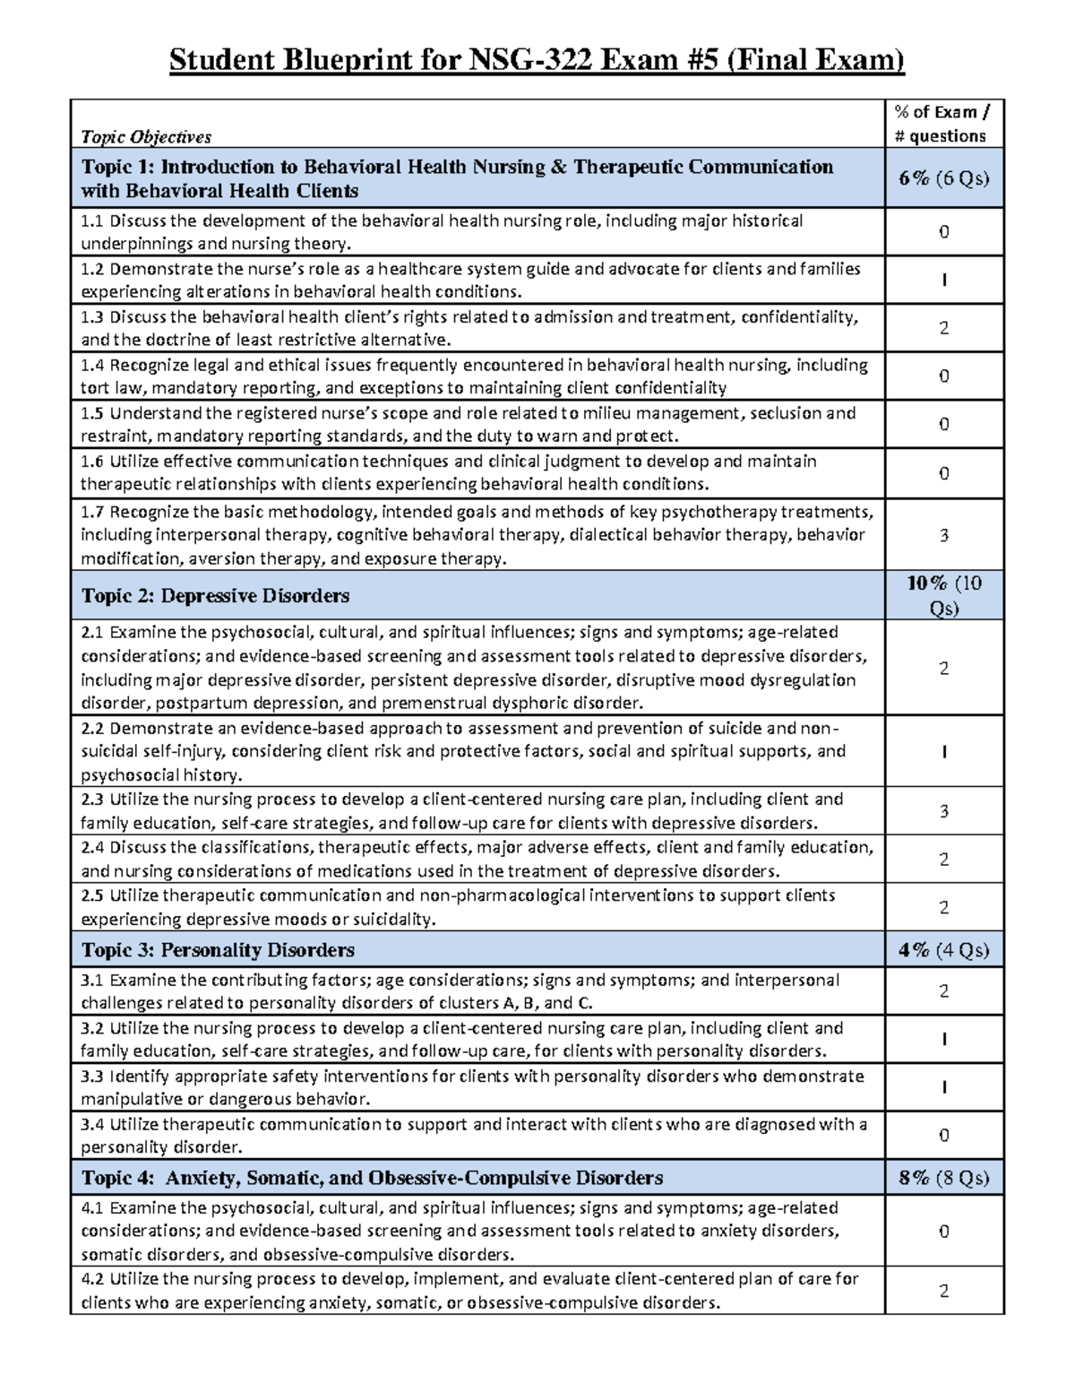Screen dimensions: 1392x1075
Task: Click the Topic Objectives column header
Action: (x=146, y=136)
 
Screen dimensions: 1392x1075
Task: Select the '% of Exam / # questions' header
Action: (x=943, y=124)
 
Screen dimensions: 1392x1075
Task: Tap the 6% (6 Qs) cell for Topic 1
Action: (x=943, y=178)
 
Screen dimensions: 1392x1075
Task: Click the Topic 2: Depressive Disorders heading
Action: (x=215, y=596)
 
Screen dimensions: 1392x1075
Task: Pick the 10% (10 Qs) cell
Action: (x=943, y=595)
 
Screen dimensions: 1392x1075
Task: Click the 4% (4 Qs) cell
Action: (x=943, y=950)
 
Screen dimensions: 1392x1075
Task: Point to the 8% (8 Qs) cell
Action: (x=943, y=1178)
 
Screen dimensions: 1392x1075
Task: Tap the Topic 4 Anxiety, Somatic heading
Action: (x=372, y=1178)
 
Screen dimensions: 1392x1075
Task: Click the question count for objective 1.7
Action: (x=943, y=535)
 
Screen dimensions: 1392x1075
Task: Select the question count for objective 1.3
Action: (x=943, y=328)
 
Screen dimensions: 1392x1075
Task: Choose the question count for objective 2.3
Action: (x=943, y=811)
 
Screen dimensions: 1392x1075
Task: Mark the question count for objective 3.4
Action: (x=943, y=1136)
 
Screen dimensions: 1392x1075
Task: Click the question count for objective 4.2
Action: (x=943, y=1291)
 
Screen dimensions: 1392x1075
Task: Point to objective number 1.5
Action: (x=92, y=413)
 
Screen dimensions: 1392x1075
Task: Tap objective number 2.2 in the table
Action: (x=92, y=728)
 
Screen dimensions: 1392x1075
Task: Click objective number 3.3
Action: (x=92, y=1076)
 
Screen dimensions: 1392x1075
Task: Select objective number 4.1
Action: (x=92, y=1207)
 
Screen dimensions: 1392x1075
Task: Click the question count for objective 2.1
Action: (x=943, y=668)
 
